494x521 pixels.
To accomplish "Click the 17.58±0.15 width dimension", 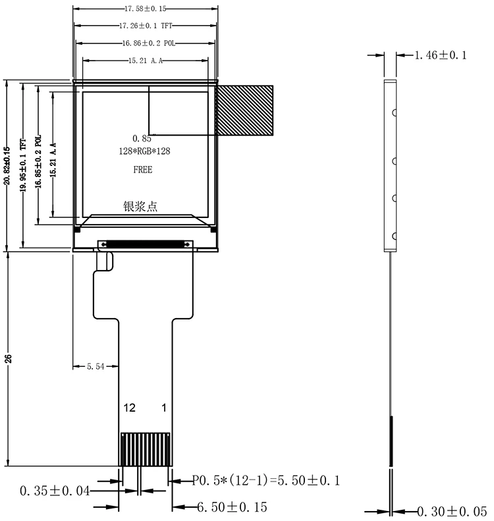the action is point(145,9).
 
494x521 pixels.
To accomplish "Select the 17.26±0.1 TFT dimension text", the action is point(146,26).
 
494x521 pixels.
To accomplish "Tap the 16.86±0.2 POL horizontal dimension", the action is point(148,43).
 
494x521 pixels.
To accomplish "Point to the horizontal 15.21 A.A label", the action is point(146,61).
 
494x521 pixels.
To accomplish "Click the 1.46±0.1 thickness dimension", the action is point(441,55).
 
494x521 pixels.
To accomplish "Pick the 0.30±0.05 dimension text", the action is point(452,511).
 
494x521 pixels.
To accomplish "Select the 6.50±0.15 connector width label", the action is point(232,507).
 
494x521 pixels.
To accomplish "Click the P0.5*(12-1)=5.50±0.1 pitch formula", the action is point(266,480).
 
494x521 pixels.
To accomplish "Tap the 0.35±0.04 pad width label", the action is point(55,491).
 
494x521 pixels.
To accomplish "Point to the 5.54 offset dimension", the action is point(96,366).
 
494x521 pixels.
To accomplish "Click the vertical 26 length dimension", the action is point(8,358).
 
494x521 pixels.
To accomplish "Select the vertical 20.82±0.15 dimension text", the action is point(7,165).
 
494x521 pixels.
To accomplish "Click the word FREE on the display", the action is point(143,170).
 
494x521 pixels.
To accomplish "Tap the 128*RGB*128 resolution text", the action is point(144,151).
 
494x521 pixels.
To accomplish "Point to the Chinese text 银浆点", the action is point(140,206).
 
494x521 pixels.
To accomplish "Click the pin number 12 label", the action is point(130,408).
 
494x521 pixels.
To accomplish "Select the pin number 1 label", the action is point(164,408).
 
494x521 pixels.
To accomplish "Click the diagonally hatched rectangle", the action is point(244,110).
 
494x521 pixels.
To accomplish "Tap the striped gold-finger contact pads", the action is point(145,449).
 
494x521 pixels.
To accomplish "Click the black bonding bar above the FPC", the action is point(145,244).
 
